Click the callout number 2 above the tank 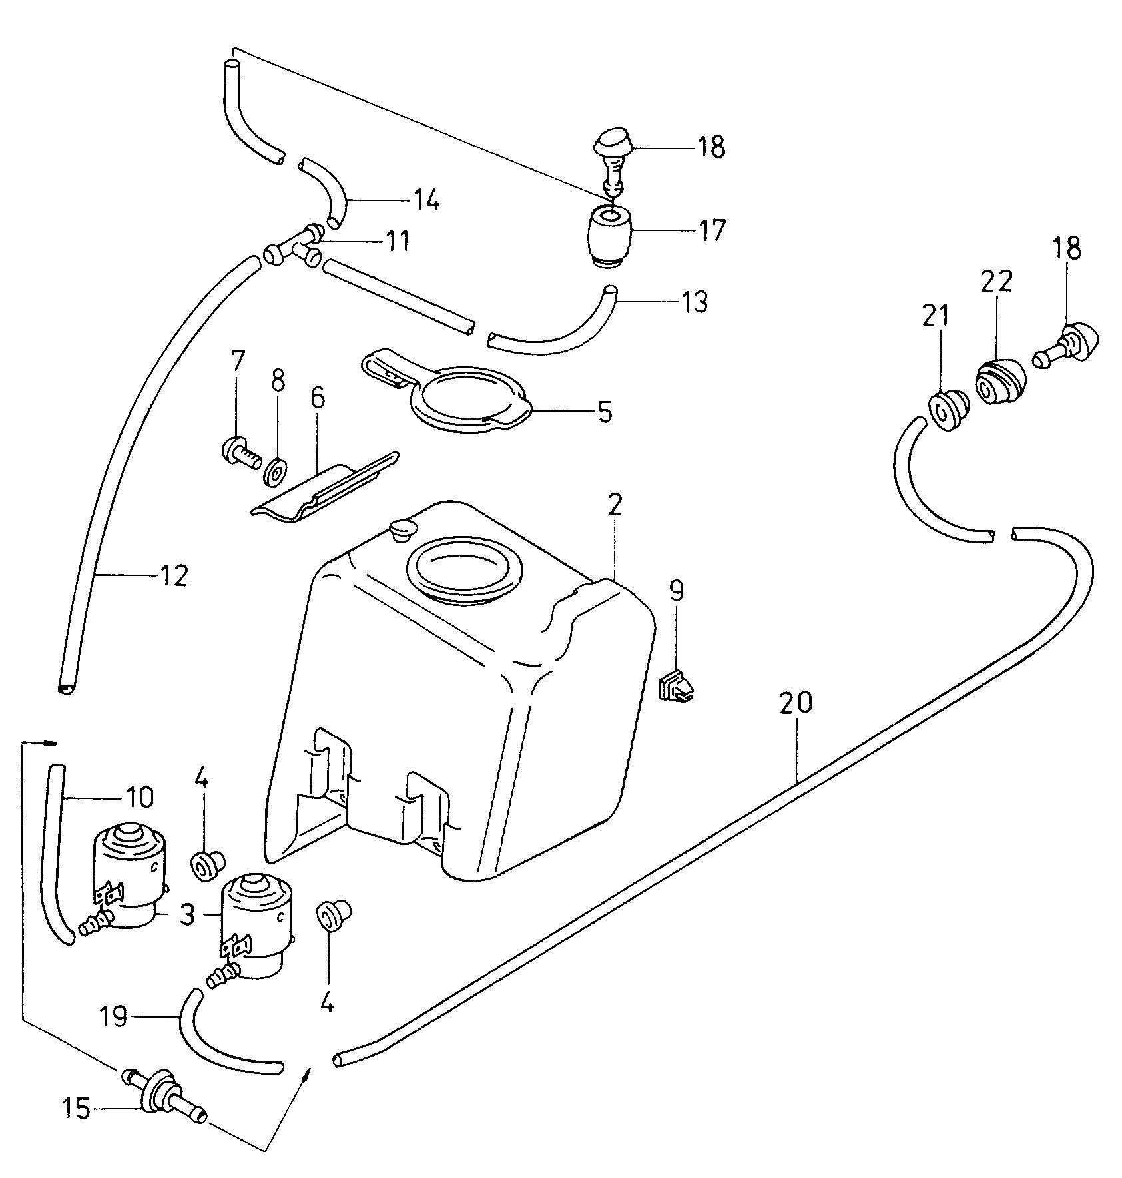[x=614, y=506]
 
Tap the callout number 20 [x=797, y=703]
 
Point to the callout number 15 [x=77, y=1109]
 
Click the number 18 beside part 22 [x=1067, y=249]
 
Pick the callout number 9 [x=676, y=591]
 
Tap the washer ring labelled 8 [x=276, y=471]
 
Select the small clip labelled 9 [x=675, y=687]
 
